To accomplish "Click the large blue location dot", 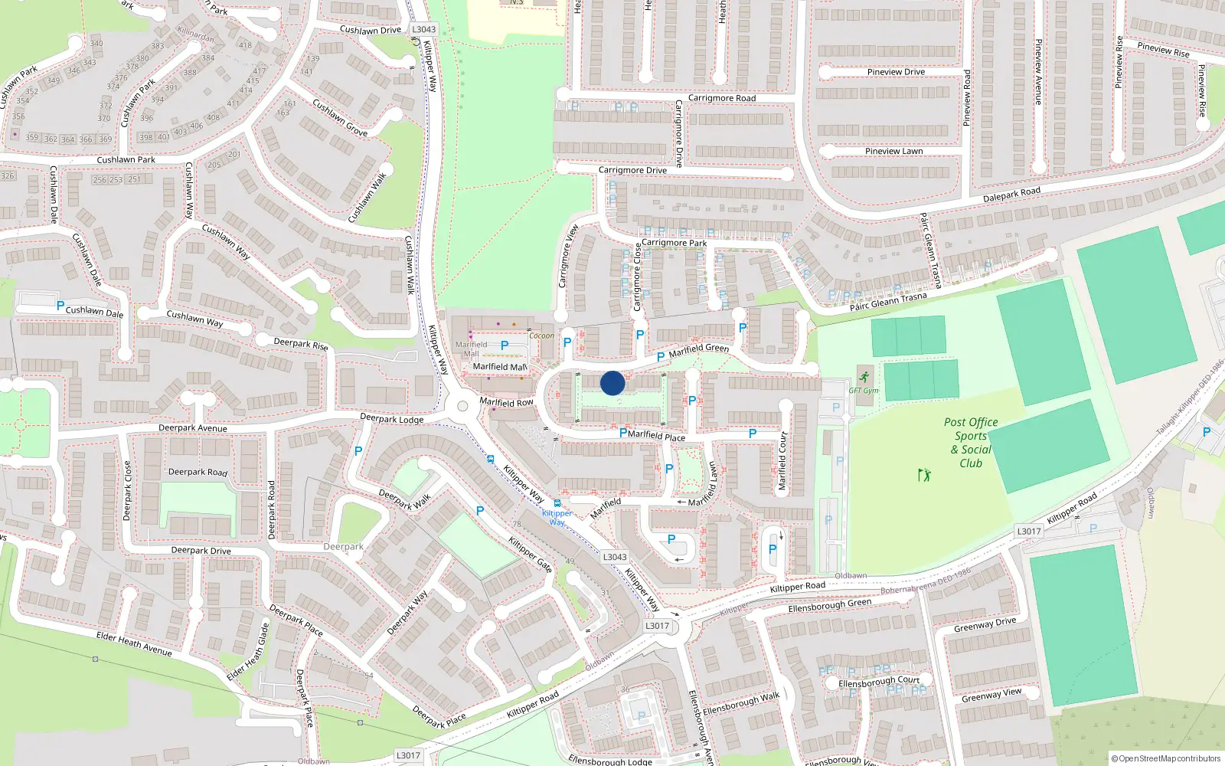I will point(612,383).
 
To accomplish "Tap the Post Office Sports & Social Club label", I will point(971,443).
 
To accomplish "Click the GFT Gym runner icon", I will point(864,377).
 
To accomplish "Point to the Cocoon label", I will point(541,336).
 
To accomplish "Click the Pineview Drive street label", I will point(896,72).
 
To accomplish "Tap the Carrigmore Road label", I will point(721,98).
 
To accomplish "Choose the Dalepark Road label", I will point(1011,195).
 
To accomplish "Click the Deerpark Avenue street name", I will point(193,428).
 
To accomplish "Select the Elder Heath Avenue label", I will point(134,644).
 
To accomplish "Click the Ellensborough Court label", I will point(879,682).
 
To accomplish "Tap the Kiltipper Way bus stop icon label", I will point(557,504).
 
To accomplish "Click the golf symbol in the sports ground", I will point(924,475).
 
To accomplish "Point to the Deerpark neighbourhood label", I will point(343,547).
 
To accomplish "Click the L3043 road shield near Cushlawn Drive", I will point(423,29).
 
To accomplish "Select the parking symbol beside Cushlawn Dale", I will point(60,306).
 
